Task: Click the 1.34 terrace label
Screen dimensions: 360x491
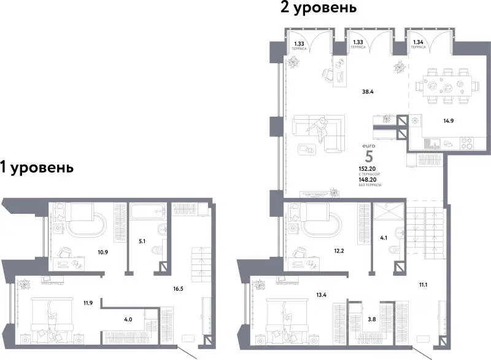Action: point(419,42)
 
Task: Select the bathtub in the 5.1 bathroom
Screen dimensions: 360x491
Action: point(145,212)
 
